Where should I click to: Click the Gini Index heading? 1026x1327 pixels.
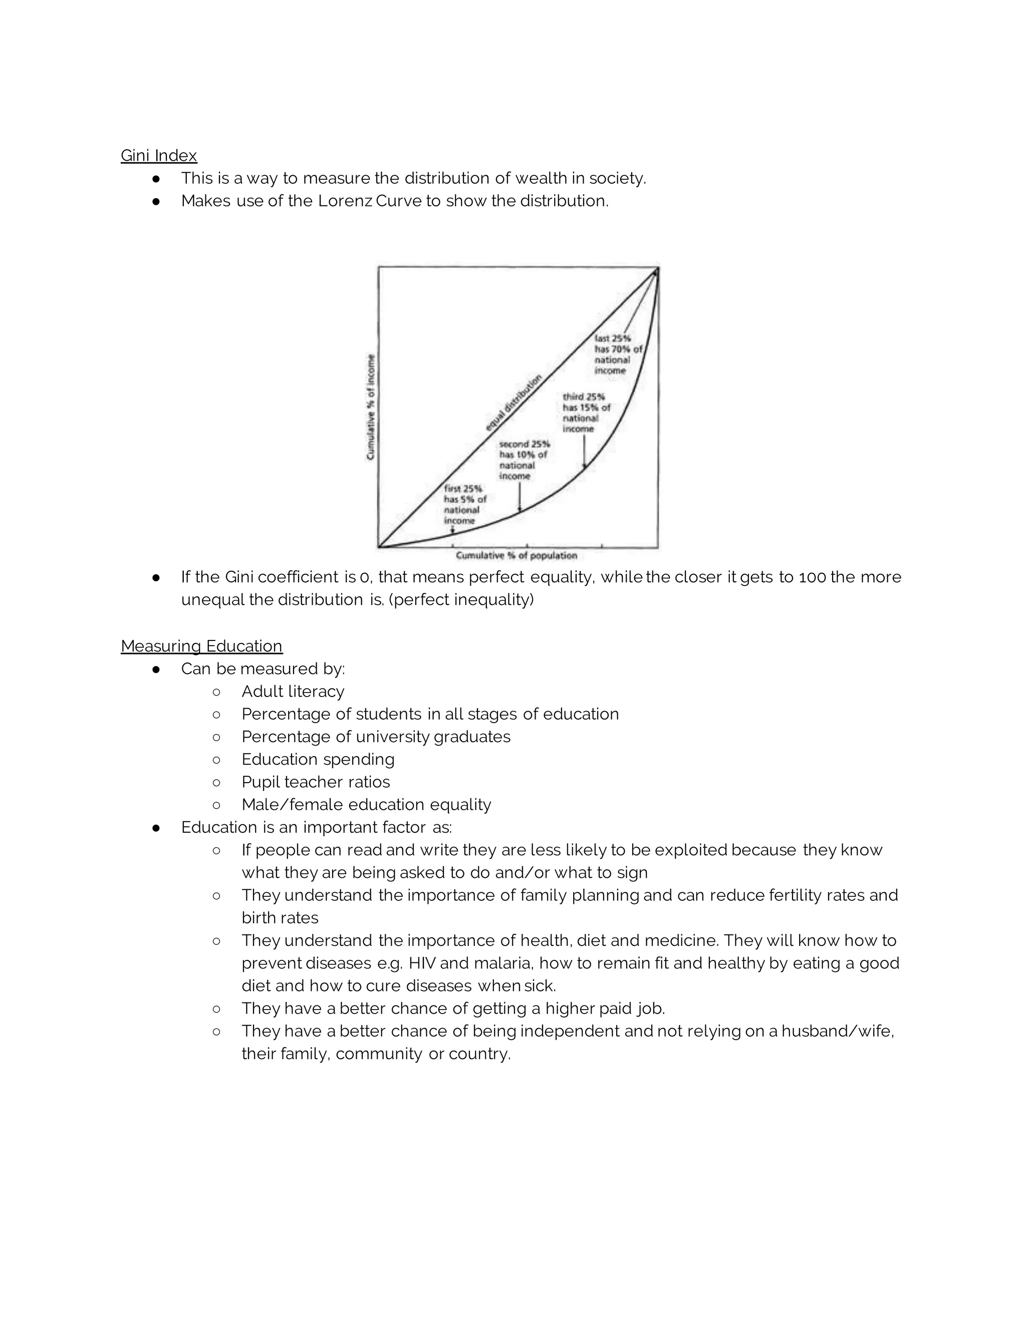tap(159, 156)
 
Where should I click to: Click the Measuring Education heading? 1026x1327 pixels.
tap(201, 646)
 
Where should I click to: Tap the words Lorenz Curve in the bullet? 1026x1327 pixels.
tap(370, 201)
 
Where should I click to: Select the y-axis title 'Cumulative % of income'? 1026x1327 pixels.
tap(371, 407)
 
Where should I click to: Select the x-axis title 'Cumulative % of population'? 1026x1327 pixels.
tap(516, 555)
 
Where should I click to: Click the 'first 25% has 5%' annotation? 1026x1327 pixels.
tap(464, 504)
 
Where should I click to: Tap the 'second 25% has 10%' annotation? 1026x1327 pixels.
tap(524, 460)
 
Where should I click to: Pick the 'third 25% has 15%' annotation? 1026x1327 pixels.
tap(586, 413)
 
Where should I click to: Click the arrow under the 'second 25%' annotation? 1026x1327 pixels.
tap(519, 497)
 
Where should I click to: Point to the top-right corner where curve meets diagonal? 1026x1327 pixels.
tap(656, 270)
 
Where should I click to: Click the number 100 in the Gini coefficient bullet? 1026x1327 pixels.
tap(812, 577)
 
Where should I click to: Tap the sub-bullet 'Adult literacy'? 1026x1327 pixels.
tap(293, 692)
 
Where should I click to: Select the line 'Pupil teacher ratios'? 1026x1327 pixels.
tap(316, 782)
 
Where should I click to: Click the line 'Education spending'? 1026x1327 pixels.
tap(318, 760)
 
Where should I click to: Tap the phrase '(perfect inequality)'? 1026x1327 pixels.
tap(461, 600)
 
